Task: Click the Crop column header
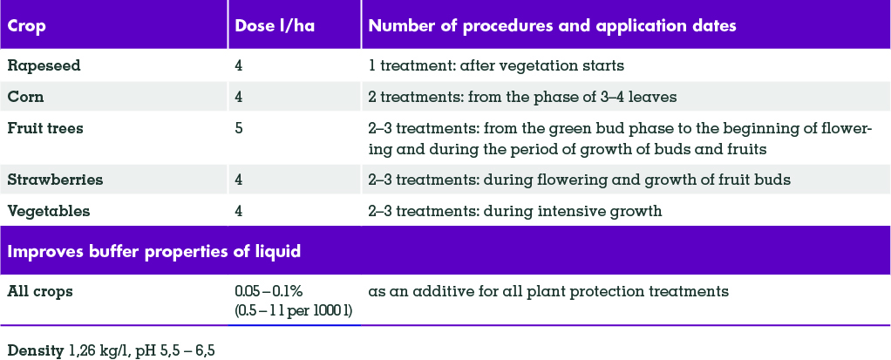click(x=27, y=27)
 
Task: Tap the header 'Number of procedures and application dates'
click(x=553, y=27)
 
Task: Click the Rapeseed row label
click(x=44, y=65)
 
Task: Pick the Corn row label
click(x=25, y=97)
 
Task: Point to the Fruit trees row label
click(x=44, y=128)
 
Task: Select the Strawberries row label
click(x=55, y=180)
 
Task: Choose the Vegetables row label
click(x=48, y=211)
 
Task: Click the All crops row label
click(x=40, y=292)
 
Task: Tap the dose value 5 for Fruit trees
click(x=239, y=128)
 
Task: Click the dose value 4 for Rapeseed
click(x=239, y=65)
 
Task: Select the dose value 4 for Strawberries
click(x=239, y=180)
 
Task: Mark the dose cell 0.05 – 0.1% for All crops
click(x=269, y=291)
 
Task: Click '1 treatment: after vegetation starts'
click(x=496, y=65)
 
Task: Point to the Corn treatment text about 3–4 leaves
click(x=523, y=97)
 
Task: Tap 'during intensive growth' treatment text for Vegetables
click(x=573, y=211)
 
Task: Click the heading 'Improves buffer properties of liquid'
click(x=153, y=252)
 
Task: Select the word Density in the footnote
click(x=35, y=351)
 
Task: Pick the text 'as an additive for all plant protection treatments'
click(x=548, y=292)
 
